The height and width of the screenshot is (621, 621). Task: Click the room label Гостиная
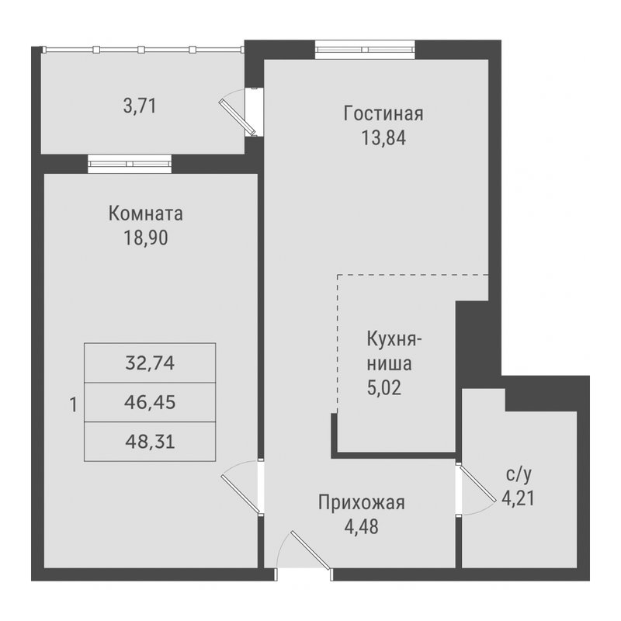[383, 113]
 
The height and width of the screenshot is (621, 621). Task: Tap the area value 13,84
[383, 138]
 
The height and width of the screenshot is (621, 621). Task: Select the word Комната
[146, 213]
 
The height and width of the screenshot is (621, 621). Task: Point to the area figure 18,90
[146, 238]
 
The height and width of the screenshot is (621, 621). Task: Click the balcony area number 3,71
[140, 106]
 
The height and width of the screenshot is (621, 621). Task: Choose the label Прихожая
[362, 503]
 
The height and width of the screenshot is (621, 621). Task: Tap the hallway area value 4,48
[361, 527]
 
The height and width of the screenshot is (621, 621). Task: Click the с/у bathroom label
[519, 474]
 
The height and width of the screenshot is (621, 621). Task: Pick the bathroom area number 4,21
[518, 498]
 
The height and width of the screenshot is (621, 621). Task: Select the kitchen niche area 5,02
[383, 387]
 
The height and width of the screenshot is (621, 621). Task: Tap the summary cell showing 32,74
[150, 363]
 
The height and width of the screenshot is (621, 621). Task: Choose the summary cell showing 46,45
[150, 402]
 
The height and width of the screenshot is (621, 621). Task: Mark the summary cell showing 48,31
[150, 442]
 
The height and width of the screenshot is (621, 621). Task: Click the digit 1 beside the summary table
[73, 405]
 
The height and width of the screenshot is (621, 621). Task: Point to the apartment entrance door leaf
[310, 550]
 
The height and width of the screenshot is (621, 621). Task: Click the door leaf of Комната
[241, 494]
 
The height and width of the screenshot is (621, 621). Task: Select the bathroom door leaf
[477, 484]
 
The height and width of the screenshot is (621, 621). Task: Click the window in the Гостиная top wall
[365, 50]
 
